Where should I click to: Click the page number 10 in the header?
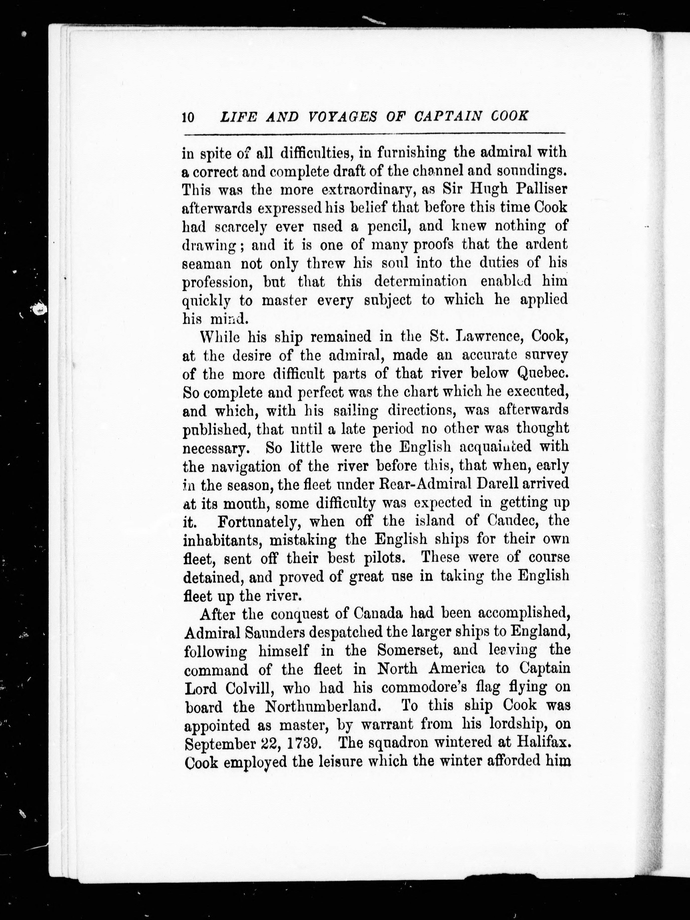coord(188,117)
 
